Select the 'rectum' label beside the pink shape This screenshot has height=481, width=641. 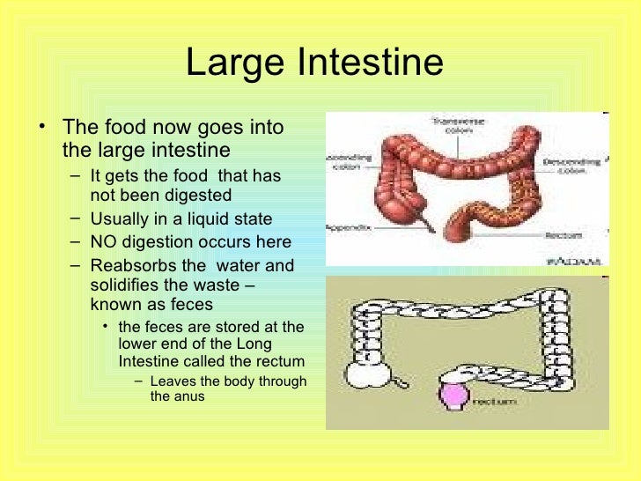[x=492, y=403]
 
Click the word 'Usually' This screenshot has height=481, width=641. [x=122, y=219]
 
